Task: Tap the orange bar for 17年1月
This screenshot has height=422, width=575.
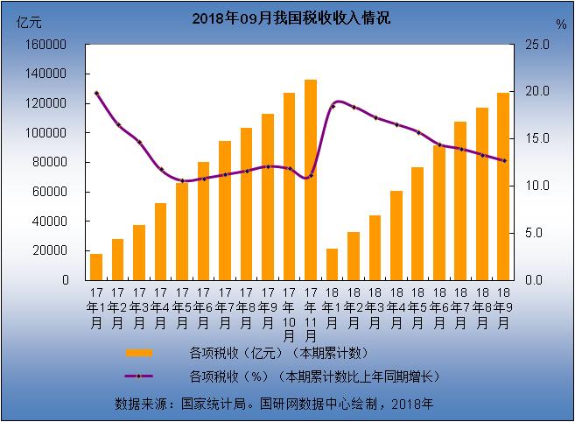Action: pyautogui.click(x=96, y=266)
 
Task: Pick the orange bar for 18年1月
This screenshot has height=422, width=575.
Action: pyautogui.click(x=332, y=264)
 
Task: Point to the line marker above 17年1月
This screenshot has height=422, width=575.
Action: pyautogui.click(x=96, y=93)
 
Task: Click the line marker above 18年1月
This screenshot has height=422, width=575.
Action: pyautogui.click(x=332, y=107)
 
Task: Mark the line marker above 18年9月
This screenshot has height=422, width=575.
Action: pyautogui.click(x=503, y=160)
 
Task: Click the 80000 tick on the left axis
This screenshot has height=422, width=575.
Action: pyautogui.click(x=54, y=162)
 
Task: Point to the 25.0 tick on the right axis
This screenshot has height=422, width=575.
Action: pyautogui.click(x=536, y=44)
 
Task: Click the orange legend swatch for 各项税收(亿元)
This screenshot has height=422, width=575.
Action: pyautogui.click(x=139, y=354)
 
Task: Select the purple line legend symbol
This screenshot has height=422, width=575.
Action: pyautogui.click(x=139, y=376)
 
